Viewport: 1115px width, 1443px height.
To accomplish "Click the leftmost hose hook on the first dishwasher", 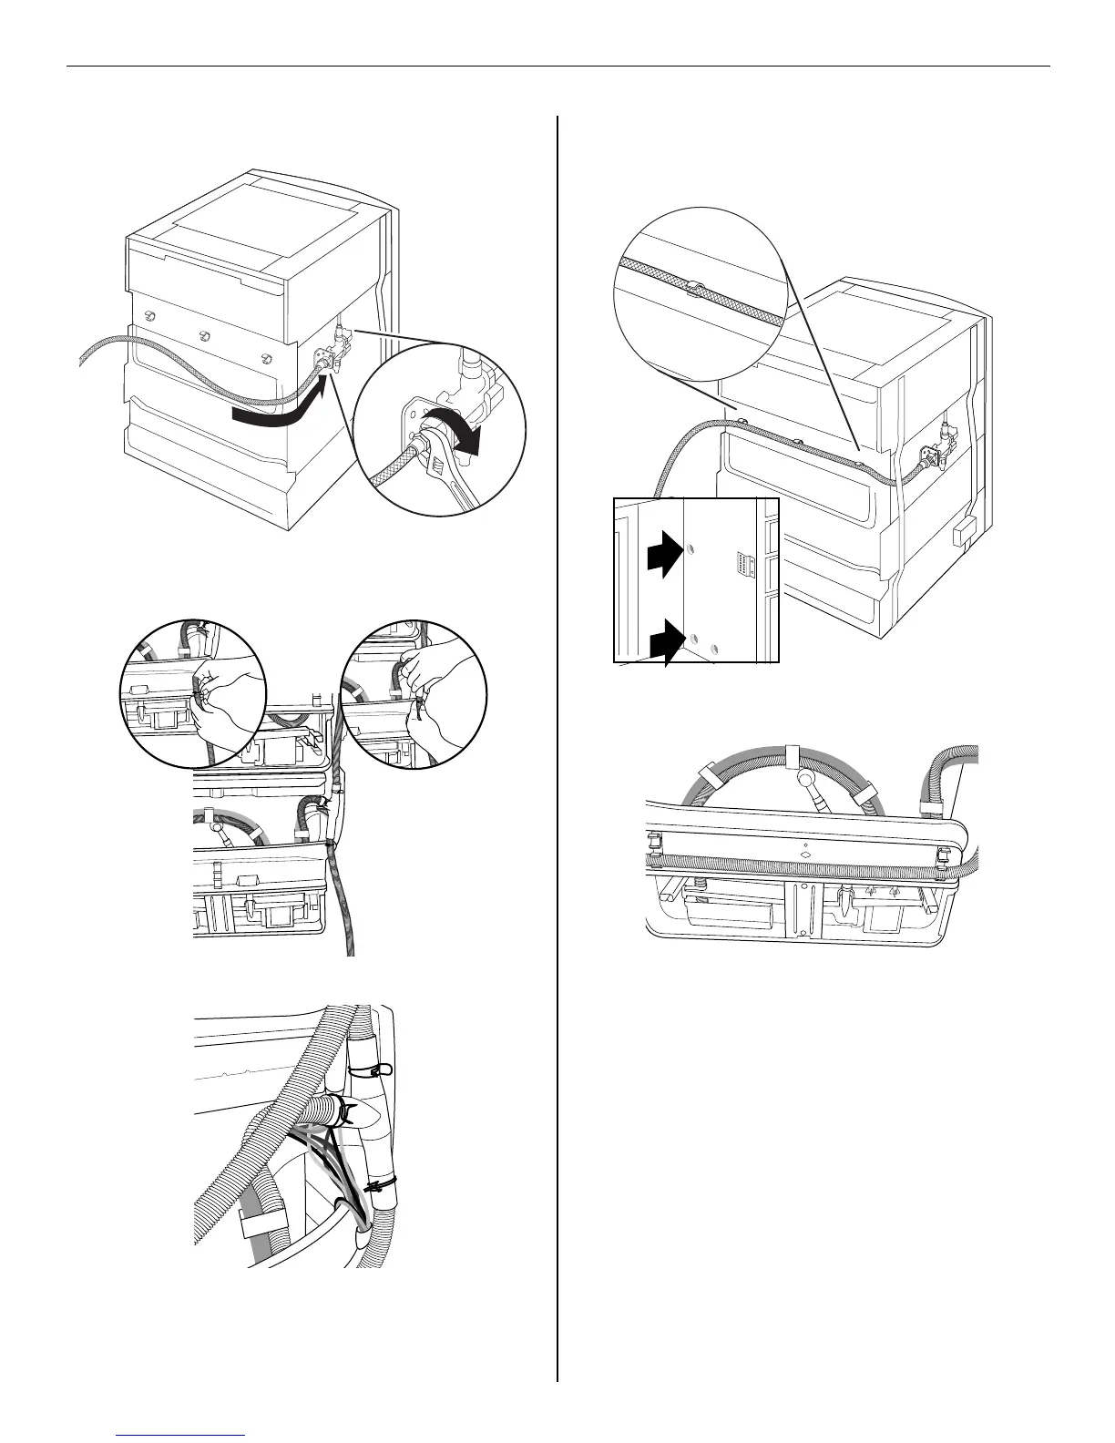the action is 149,314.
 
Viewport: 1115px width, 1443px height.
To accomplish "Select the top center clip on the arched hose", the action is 792,755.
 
